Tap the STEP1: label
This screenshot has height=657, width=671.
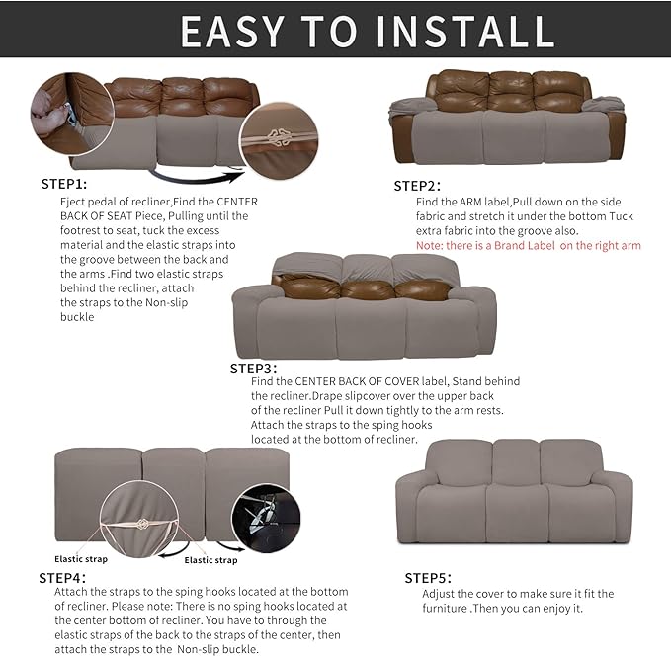click(x=63, y=184)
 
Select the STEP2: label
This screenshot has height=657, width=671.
click(x=416, y=185)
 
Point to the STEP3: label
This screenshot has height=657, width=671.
click(x=254, y=368)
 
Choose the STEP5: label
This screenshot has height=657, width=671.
click(x=428, y=578)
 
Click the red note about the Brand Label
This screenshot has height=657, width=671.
click(x=528, y=245)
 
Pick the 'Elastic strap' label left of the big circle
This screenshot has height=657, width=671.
click(x=81, y=544)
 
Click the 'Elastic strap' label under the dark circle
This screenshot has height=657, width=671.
click(x=210, y=560)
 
